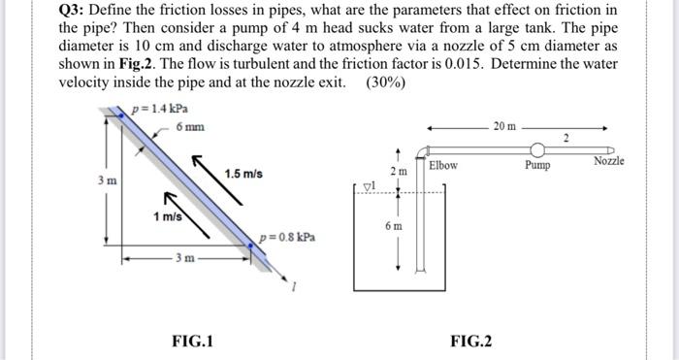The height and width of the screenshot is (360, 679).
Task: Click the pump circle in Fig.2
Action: pyautogui.click(x=537, y=149)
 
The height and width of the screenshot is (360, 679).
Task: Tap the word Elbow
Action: pyautogui.click(x=443, y=166)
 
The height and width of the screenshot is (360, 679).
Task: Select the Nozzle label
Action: pyautogui.click(x=609, y=161)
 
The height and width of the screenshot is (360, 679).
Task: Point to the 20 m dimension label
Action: pyautogui.click(x=504, y=126)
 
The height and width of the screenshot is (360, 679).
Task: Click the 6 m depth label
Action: pyautogui.click(x=394, y=226)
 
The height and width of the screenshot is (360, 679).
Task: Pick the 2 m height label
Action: pyautogui.click(x=399, y=172)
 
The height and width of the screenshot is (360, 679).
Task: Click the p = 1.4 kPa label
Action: pyautogui.click(x=160, y=109)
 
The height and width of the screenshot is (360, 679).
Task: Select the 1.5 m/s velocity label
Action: pyautogui.click(x=243, y=174)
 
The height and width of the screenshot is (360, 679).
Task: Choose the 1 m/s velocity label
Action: pyautogui.click(x=168, y=216)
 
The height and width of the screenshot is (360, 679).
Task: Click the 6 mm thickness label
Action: pyautogui.click(x=190, y=127)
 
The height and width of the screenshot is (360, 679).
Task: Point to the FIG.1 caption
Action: pyautogui.click(x=193, y=341)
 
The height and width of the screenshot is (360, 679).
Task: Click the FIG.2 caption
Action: pyautogui.click(x=471, y=341)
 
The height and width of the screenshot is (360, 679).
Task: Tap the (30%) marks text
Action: pyautogui.click(x=385, y=82)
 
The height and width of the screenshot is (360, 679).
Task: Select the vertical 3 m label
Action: pyautogui.click(x=107, y=180)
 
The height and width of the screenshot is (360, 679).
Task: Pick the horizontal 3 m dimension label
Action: pyautogui.click(x=185, y=258)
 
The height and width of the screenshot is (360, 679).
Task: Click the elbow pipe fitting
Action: pyautogui.click(x=422, y=152)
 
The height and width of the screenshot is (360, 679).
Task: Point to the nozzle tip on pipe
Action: pyautogui.click(x=610, y=150)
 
